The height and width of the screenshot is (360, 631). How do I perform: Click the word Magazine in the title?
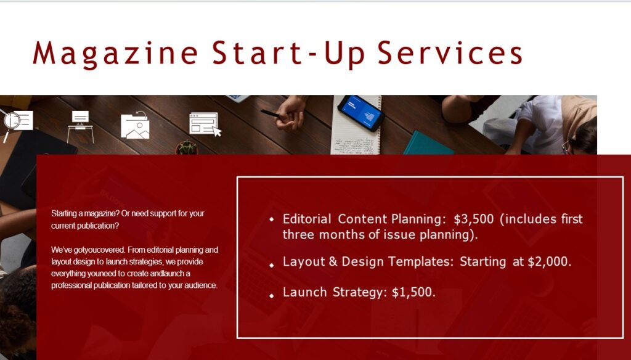(x=115, y=54)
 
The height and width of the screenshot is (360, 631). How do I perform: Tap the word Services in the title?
(x=450, y=53)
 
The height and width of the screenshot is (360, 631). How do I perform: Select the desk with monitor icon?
(x=80, y=126)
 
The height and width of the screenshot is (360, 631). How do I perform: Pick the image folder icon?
(x=135, y=125)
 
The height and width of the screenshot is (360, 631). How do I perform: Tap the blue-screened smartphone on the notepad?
(x=361, y=112)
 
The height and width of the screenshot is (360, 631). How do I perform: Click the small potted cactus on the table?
(x=187, y=148)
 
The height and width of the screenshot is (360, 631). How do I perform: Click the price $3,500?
(x=474, y=219)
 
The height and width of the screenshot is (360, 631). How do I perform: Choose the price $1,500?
(x=413, y=292)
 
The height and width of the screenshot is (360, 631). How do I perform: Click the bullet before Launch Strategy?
(x=272, y=296)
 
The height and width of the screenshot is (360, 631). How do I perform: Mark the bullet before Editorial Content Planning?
(x=272, y=219)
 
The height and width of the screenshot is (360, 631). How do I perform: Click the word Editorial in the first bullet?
(x=307, y=219)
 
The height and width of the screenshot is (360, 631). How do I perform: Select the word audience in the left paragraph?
(x=200, y=285)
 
